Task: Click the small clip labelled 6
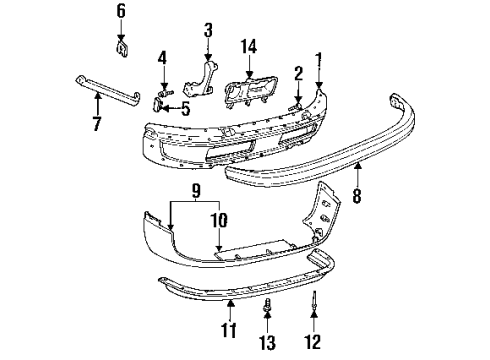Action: [x=121, y=44]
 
